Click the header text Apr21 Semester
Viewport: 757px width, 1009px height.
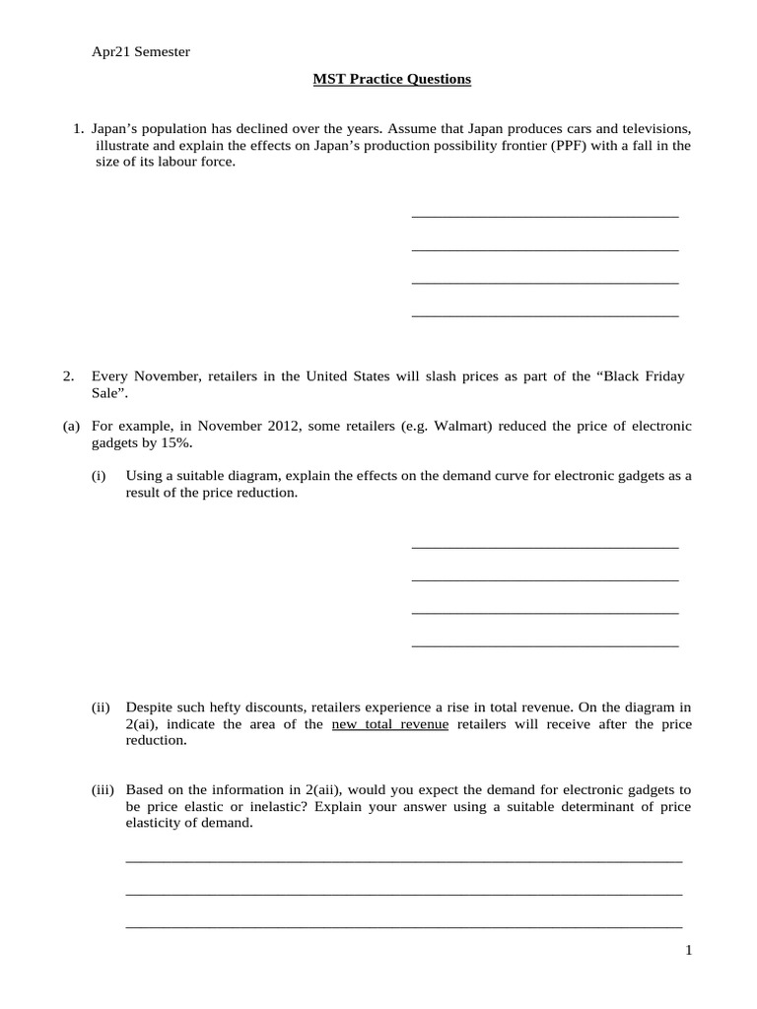(x=141, y=52)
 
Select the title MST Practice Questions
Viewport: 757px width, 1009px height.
(x=391, y=79)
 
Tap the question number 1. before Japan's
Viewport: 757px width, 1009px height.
(x=79, y=129)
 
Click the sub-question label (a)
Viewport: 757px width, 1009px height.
(x=70, y=426)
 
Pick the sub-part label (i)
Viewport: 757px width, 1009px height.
(x=99, y=476)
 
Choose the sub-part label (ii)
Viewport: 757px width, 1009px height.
(x=101, y=707)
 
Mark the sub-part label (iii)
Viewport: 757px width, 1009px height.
(x=103, y=790)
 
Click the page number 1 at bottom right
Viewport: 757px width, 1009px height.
(x=689, y=950)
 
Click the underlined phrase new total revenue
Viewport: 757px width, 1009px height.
(x=390, y=724)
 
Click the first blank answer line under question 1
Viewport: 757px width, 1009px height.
(x=544, y=215)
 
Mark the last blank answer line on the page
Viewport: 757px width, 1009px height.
(x=404, y=926)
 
